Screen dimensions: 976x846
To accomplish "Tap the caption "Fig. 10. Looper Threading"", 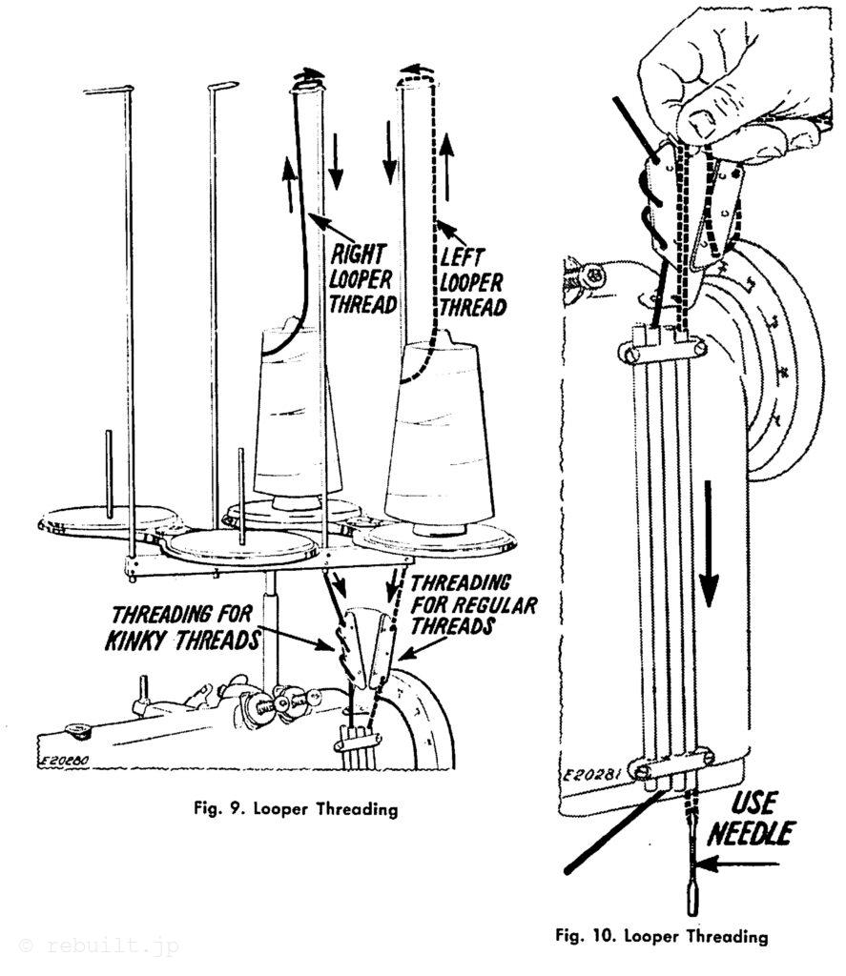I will (662, 936).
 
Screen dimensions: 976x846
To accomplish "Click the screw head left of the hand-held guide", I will (593, 278).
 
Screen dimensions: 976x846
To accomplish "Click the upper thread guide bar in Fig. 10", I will (665, 351).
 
